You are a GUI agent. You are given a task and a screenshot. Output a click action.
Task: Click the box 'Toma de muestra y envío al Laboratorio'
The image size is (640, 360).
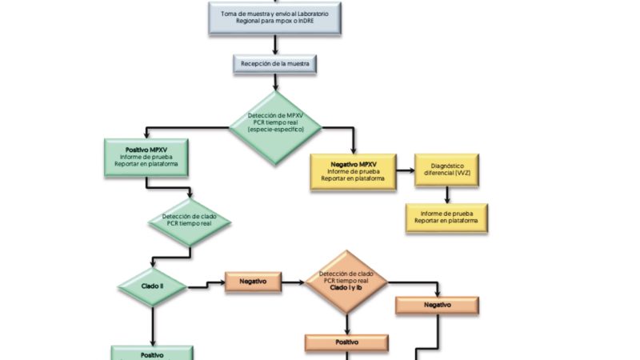(275, 18)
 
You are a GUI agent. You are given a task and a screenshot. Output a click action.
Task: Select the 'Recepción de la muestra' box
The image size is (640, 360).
(275, 62)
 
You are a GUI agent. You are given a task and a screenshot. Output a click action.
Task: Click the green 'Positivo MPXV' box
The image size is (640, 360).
(146, 158)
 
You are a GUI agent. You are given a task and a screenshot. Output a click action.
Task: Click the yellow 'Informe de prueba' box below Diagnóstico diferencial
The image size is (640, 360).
(446, 218)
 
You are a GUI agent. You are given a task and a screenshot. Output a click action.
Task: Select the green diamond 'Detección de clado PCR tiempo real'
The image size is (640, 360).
(189, 220)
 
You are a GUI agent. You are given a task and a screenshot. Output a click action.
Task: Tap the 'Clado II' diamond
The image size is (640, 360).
(152, 286)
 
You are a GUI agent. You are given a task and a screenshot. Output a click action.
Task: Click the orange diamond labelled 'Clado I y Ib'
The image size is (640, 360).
(346, 282)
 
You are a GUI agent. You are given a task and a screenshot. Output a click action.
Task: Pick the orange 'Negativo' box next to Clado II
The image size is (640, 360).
(253, 282)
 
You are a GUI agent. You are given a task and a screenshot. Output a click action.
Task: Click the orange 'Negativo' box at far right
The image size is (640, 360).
(437, 305)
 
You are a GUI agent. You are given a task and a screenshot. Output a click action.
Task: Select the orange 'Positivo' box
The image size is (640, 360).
(346, 342)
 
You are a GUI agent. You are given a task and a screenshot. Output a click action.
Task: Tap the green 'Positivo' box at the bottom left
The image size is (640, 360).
(152, 353)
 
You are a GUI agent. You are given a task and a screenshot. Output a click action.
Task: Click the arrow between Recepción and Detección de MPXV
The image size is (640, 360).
(275, 81)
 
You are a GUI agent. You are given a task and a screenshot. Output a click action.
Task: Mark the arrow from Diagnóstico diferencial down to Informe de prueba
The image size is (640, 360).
(446, 194)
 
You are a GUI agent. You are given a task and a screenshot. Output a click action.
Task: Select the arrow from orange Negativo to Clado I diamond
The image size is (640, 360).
(294, 282)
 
